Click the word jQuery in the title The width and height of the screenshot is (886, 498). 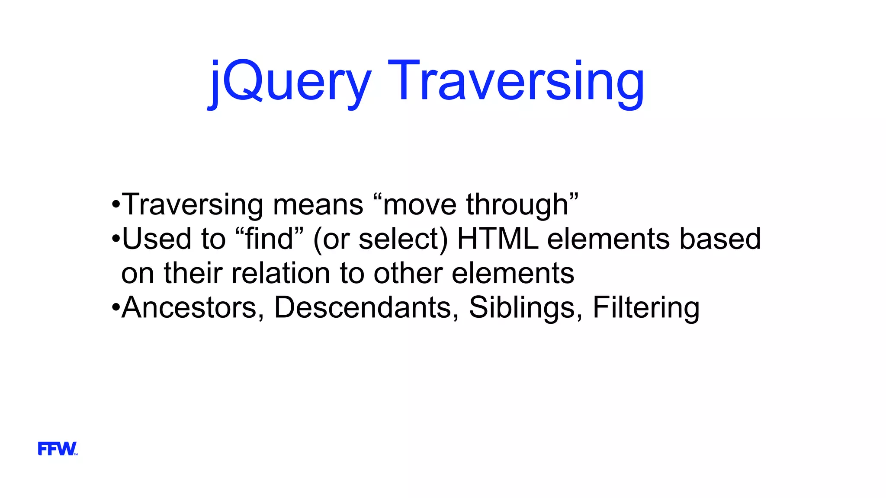point(290,82)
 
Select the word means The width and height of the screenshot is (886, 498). point(318,205)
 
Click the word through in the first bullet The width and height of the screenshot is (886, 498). point(519,205)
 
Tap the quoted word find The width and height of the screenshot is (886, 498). point(269,239)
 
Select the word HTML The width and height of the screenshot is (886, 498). point(498,239)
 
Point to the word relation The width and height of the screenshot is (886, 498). point(281,274)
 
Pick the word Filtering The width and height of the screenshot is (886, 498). point(646,308)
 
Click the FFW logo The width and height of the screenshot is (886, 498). point(58,449)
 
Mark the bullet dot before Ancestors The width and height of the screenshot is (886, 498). point(115,308)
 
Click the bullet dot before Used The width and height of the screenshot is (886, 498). point(115,239)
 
